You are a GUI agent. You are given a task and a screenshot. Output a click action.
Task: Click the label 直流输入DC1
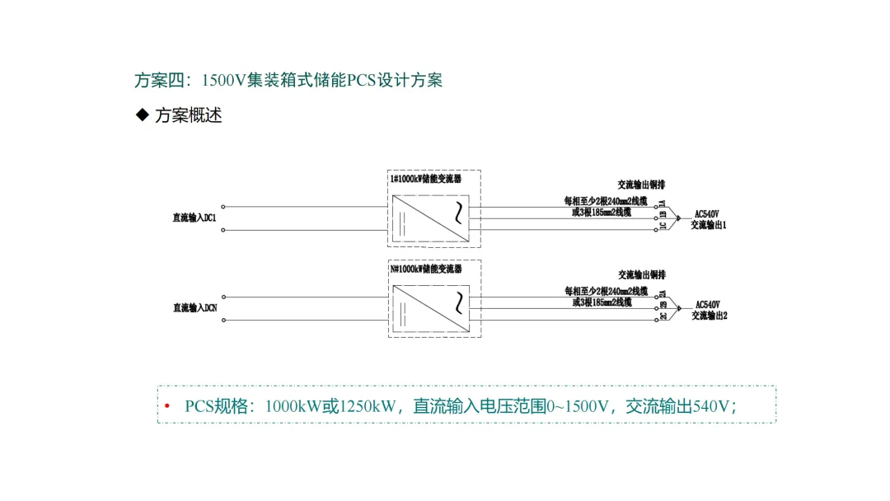[x=194, y=218]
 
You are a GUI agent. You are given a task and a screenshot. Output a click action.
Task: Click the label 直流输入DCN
[x=194, y=308]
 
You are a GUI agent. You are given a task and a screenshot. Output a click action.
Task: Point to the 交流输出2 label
[x=709, y=316]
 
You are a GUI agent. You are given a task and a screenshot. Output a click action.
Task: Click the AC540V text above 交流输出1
[x=708, y=214]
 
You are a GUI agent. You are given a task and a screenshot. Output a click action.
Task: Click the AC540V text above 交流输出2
[x=708, y=305]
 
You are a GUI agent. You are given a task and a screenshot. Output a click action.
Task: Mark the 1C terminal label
[x=663, y=226]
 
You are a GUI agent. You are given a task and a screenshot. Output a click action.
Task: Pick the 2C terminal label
[x=663, y=316]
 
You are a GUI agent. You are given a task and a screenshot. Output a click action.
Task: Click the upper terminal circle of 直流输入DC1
[x=223, y=207]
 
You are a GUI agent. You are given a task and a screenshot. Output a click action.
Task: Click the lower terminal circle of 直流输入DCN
[x=223, y=321]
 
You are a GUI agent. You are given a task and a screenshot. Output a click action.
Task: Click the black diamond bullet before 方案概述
[x=141, y=115]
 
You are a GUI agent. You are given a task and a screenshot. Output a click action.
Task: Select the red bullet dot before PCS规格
[x=167, y=406]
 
